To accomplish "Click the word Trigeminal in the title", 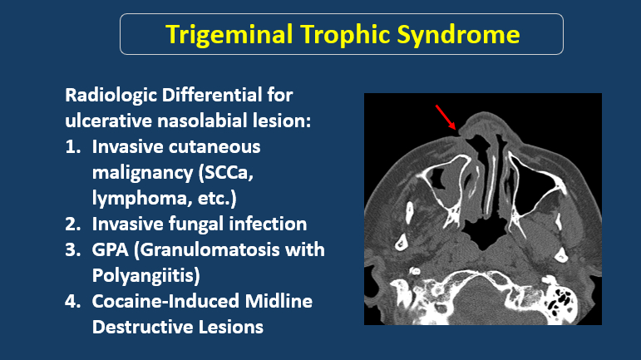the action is coord(229,35).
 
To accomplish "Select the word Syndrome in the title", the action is coord(458,35).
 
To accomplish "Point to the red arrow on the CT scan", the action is coord(446,117).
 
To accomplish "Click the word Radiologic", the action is coord(111,96).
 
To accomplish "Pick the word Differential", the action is coord(212,96).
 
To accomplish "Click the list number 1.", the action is coord(73,147).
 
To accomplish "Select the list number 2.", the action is coord(73,224).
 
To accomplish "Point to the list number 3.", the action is coord(73,250).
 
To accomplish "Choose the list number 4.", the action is coord(73,302).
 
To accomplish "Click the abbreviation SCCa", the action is coord(226,173).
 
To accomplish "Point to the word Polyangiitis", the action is coord(146,276).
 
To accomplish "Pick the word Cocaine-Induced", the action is coord(165,302).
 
